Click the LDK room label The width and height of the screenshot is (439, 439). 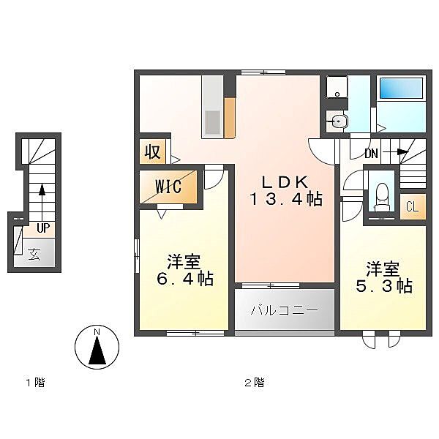285,182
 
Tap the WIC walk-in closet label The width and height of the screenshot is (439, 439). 168,186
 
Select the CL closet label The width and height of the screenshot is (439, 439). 412,207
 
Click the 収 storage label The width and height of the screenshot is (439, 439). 153,152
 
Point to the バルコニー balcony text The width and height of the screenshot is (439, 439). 285,310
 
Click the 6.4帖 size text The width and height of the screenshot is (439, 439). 185,279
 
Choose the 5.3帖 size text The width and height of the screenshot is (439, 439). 384,286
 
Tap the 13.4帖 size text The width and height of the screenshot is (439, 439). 285,199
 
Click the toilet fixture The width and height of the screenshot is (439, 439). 382,198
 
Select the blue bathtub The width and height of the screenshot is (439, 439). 401,89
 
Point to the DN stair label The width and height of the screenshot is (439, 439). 371,154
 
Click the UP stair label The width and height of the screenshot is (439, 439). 43,228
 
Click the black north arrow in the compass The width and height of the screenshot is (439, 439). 97,350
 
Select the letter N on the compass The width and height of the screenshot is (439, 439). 97,332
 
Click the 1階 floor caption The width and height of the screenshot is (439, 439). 36,383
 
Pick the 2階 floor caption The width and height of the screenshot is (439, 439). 255,383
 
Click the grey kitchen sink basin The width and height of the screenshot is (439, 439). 212,122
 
